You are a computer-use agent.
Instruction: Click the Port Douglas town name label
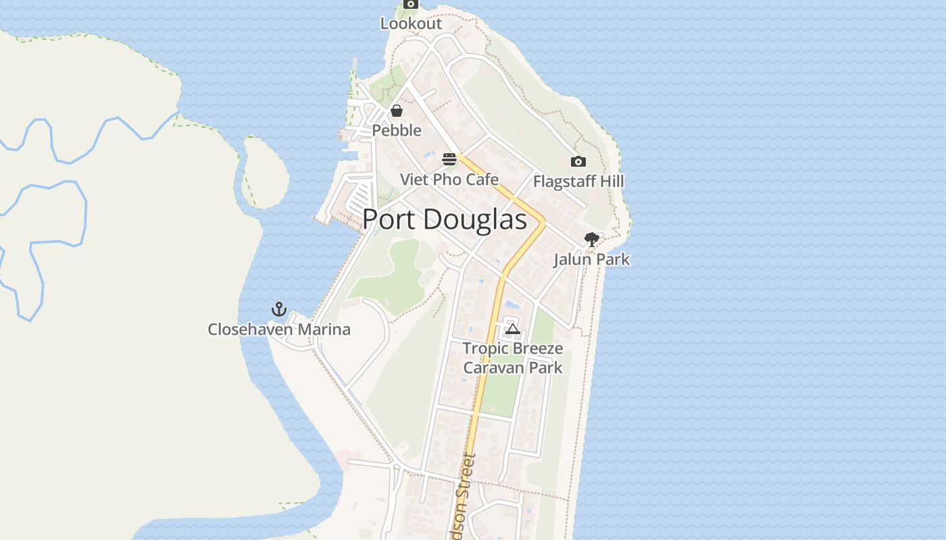444,219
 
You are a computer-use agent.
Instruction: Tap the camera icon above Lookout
410,4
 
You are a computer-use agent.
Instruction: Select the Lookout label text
411,24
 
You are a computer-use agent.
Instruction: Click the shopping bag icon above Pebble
397,111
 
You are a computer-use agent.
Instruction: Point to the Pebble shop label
397,130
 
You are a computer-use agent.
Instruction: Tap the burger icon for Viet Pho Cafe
449,159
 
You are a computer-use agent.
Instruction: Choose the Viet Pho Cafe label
449,180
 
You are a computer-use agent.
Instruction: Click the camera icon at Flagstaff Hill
578,161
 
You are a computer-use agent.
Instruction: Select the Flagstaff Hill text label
578,182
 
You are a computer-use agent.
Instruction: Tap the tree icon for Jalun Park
592,240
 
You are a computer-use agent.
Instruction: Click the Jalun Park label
592,259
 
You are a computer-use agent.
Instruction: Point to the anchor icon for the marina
278,309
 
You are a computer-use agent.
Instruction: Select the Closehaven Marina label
279,329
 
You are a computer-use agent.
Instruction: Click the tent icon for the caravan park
513,329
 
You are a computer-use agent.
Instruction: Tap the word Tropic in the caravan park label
484,349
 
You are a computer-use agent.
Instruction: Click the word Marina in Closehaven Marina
326,329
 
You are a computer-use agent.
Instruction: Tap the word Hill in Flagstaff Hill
611,182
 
